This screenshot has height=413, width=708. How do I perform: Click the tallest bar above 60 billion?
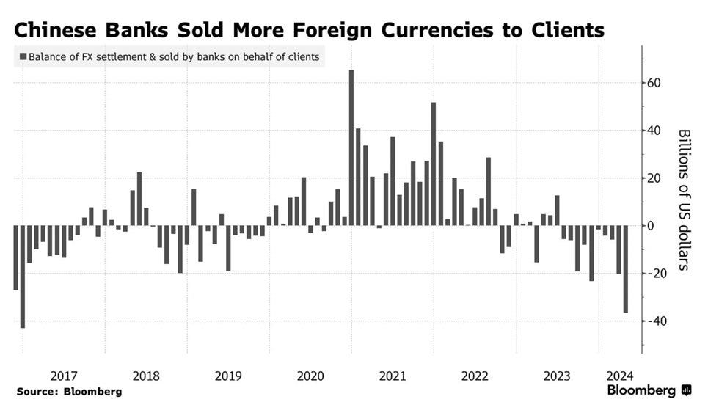[351, 147]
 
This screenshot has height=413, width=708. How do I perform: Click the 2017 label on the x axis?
[64, 376]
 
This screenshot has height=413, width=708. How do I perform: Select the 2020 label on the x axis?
[310, 376]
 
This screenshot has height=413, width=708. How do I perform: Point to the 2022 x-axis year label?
[475, 376]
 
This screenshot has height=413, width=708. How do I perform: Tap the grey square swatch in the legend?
[23, 56]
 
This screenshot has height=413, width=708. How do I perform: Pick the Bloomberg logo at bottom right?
[649, 391]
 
